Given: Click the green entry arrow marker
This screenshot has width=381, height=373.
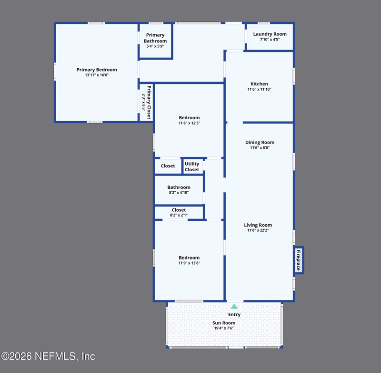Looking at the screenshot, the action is click(234, 306).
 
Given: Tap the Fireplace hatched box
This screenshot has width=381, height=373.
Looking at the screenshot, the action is click(299, 260).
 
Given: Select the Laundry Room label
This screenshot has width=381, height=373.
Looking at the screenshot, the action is click(270, 34).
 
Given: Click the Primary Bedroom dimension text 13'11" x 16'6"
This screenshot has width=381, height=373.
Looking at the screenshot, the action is click(97, 75).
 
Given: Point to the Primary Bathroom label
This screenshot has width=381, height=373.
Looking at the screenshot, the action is click(155, 38).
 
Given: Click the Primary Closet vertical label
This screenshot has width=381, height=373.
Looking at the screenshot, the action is click(149, 102).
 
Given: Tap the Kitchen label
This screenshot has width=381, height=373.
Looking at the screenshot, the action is click(259, 83).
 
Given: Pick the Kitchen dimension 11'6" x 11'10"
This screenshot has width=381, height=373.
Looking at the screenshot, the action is click(259, 89).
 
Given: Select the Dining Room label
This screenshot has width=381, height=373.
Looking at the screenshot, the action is click(260, 142).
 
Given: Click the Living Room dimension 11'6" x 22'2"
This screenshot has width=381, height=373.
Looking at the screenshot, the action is click(258, 230).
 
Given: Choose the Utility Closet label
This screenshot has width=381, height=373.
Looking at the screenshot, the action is click(192, 166).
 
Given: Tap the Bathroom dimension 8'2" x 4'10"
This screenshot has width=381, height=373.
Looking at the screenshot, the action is click(179, 192).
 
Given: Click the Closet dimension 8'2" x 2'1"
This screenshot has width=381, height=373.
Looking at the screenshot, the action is click(179, 215).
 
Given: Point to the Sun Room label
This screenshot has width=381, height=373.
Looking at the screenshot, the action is click(224, 323).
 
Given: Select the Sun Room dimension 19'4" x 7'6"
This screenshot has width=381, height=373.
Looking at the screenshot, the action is click(224, 328).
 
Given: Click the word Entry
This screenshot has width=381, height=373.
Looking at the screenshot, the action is click(234, 315).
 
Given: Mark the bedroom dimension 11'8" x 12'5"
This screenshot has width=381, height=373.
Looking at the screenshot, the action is click(189, 123).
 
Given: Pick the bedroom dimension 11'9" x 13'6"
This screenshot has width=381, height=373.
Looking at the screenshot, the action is click(189, 263).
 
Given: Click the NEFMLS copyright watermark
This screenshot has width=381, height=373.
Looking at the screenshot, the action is click(48, 356).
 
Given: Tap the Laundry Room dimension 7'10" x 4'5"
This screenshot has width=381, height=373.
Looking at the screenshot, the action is click(270, 40).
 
